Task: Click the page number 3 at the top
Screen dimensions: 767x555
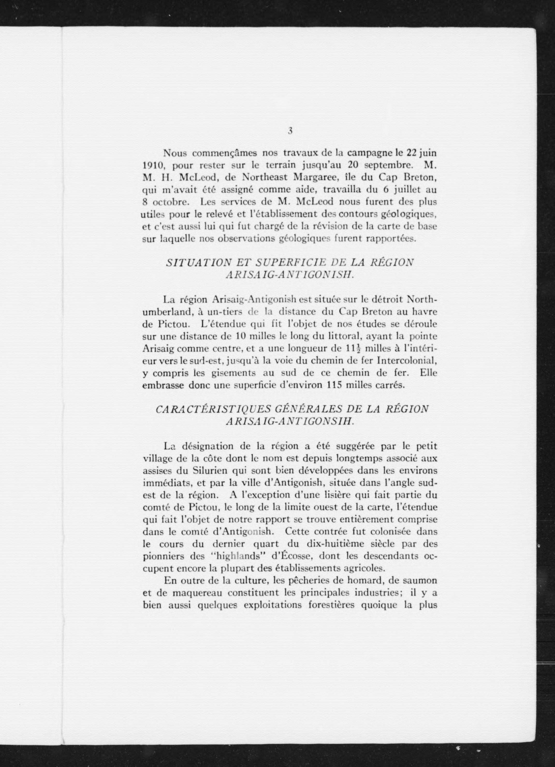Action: coord(290,131)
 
